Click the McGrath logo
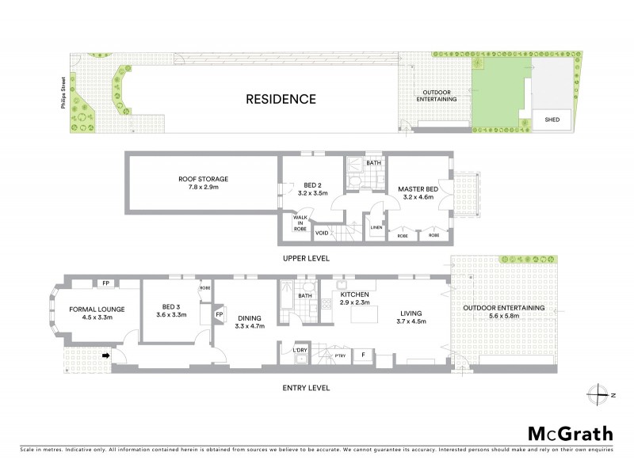[570, 434]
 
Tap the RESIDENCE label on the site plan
[281, 100]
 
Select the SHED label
[552, 120]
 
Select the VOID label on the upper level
[322, 234]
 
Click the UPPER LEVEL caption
[306, 259]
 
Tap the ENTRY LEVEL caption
[306, 388]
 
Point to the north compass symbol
[598, 393]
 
